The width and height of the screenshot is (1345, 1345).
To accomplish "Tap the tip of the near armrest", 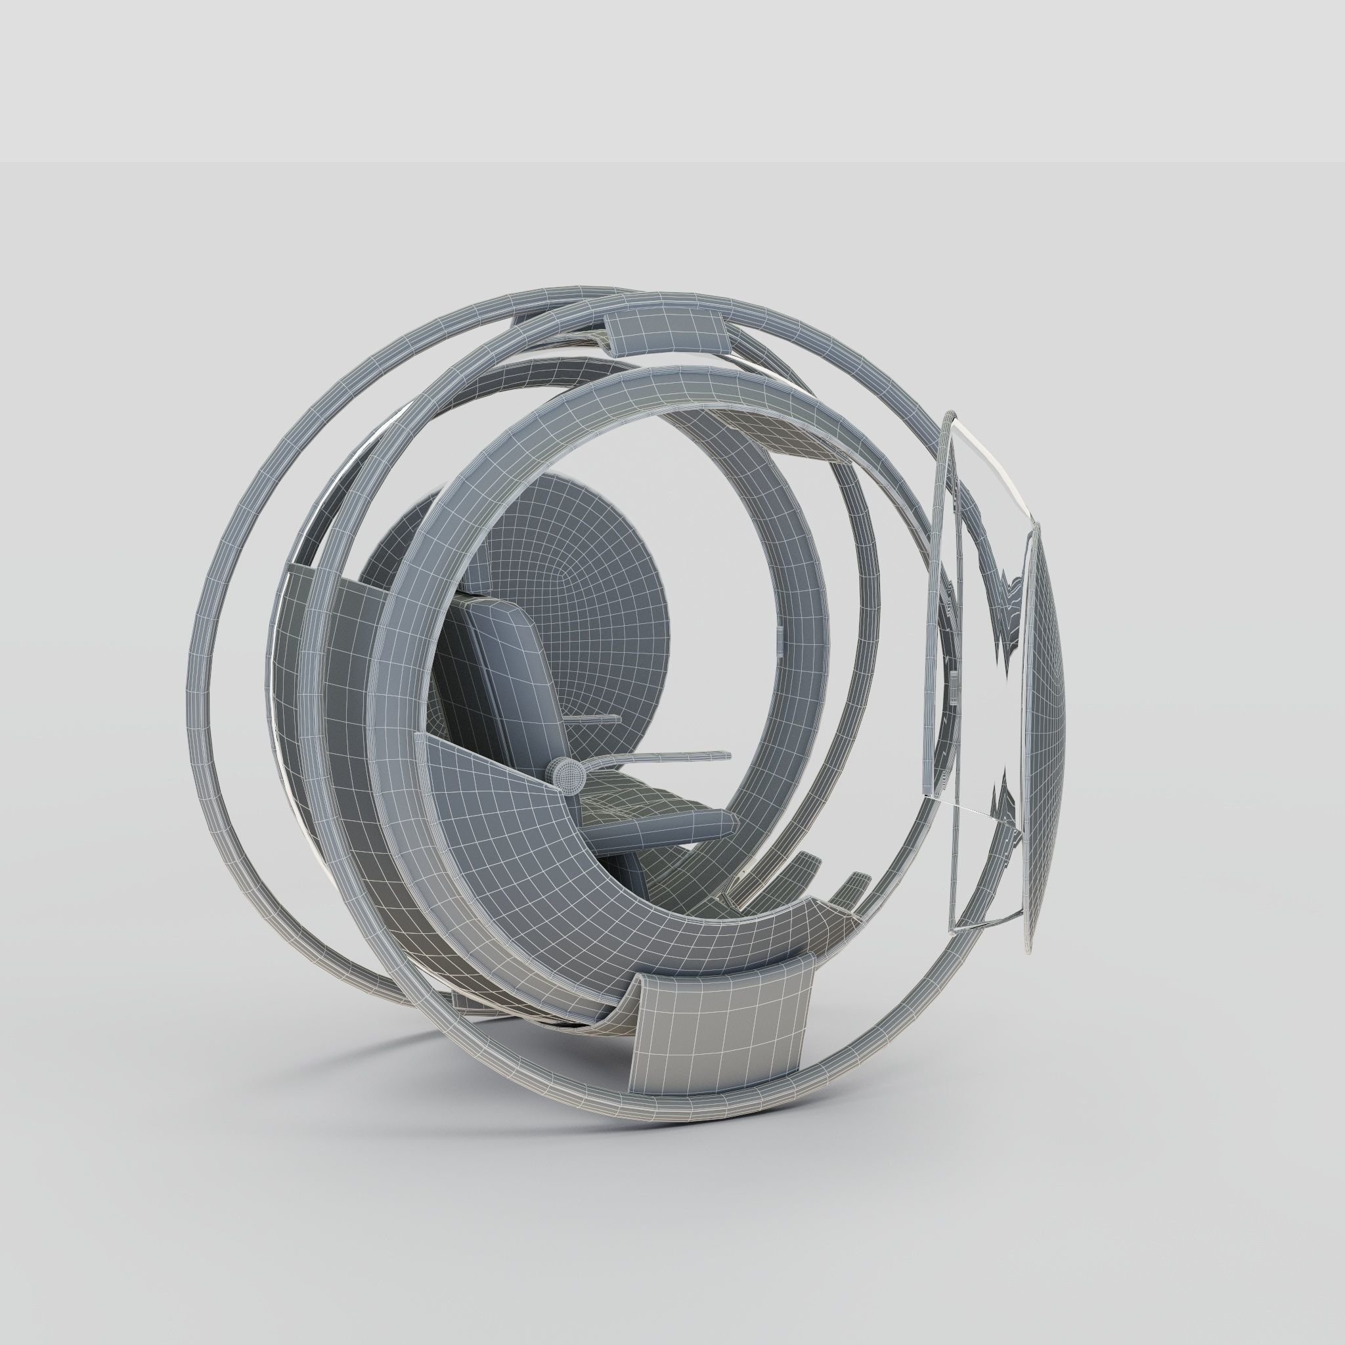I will pyautogui.click(x=727, y=754).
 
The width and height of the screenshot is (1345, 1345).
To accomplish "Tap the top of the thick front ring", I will pyautogui.click(x=613, y=382).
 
